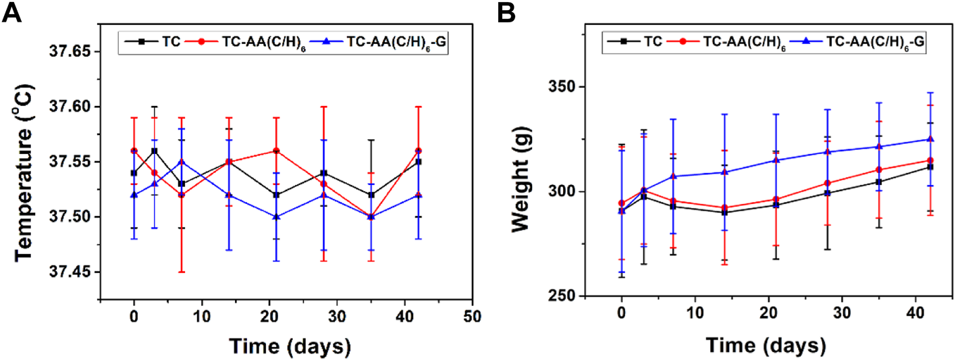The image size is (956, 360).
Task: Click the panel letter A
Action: [x=13, y=14]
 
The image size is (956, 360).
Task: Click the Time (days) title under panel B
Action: [x=766, y=346]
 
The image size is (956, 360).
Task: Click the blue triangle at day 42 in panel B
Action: [x=930, y=139]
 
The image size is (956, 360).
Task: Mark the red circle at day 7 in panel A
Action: [x=181, y=195]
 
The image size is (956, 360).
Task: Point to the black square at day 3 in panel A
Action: [x=155, y=151]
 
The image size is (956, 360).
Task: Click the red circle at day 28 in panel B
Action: [x=827, y=183]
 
